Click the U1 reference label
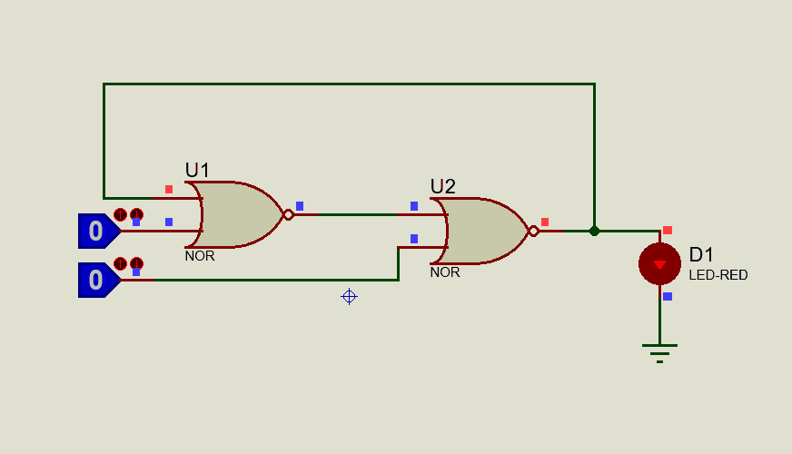(197, 170)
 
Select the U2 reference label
(442, 186)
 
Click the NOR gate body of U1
(238, 214)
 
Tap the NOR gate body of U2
(481, 231)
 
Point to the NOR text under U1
(200, 256)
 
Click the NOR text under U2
(445, 272)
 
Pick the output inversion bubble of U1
(288, 214)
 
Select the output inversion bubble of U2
(533, 231)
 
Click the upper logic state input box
(96, 231)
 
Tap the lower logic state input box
(96, 280)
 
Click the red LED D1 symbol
(659, 264)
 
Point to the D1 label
(702, 255)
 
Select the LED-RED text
(718, 274)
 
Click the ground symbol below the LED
(659, 351)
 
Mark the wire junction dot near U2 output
(594, 231)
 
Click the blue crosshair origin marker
(349, 296)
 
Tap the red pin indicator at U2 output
(545, 222)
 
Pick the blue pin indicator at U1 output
(300, 206)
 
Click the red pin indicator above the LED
(668, 231)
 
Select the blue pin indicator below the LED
(668, 296)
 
